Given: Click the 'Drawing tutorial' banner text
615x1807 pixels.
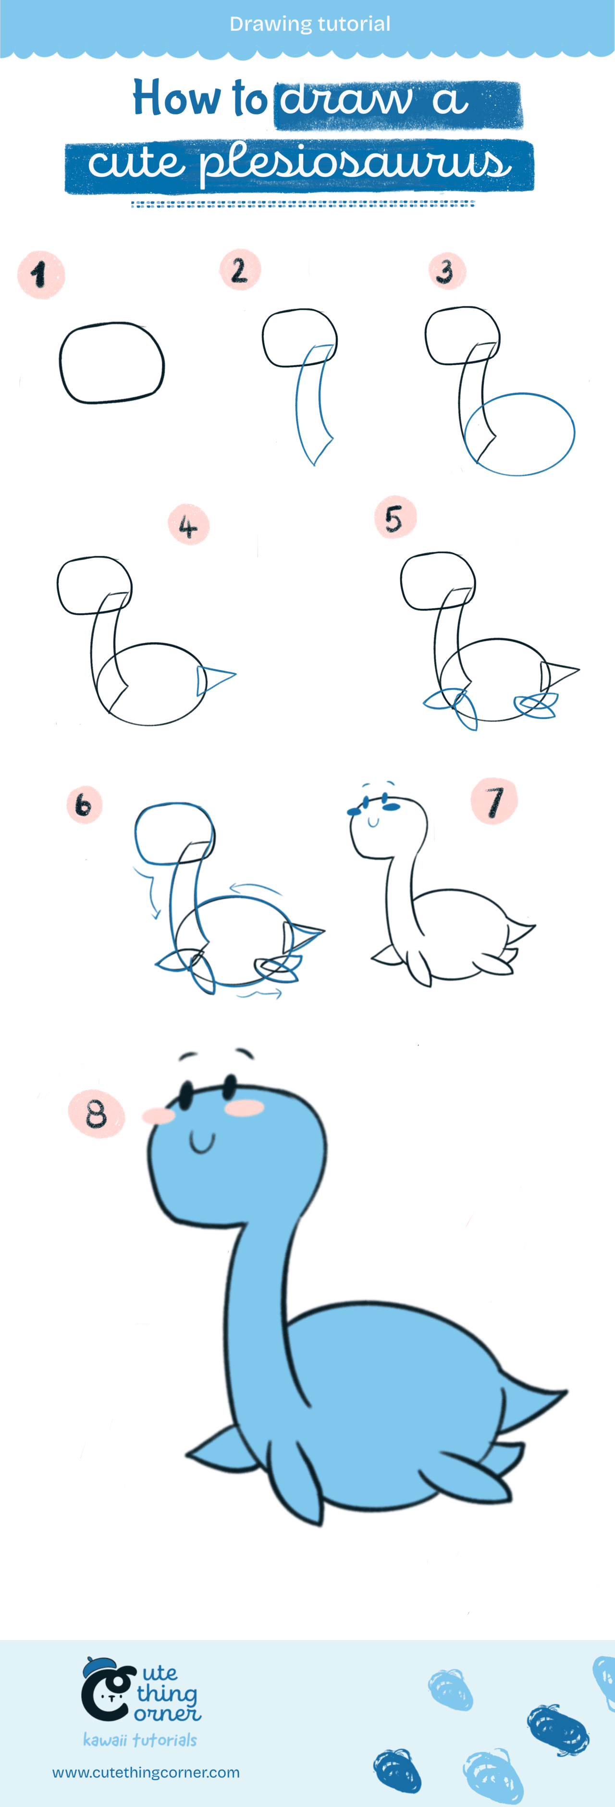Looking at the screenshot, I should [x=309, y=24].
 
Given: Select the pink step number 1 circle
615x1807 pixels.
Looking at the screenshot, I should [x=41, y=275].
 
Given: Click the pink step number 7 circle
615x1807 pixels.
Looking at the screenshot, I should [x=494, y=801].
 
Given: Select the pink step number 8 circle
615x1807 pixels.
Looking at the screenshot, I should [x=96, y=1114].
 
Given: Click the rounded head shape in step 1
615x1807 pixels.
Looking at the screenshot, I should [x=111, y=363].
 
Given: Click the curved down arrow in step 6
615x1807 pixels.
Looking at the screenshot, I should [x=150, y=895].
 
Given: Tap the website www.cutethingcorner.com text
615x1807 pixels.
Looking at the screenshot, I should [x=146, y=1772].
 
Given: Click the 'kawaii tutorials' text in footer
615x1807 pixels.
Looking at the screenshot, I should [x=139, y=1740].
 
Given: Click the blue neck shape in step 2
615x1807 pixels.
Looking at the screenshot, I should [x=311, y=403].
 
